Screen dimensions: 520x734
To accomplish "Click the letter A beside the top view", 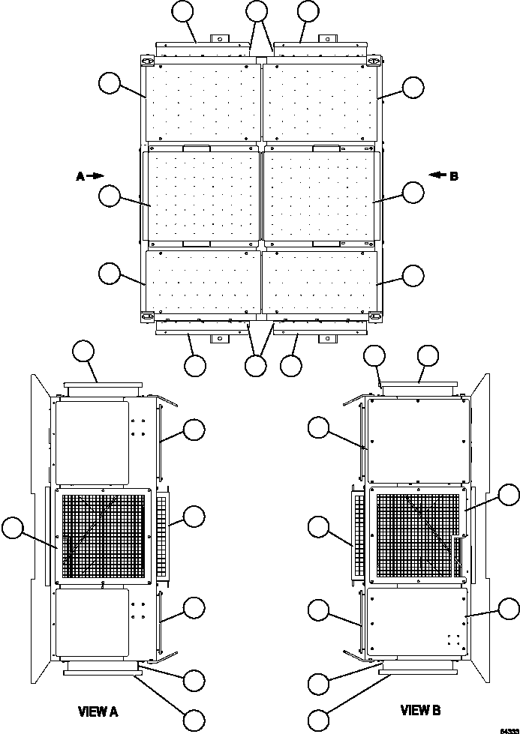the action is (x=80, y=176).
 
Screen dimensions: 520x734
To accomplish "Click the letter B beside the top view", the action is (x=453, y=177).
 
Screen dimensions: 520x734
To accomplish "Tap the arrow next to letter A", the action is (x=96, y=176).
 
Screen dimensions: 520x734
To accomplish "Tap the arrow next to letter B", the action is (x=437, y=176).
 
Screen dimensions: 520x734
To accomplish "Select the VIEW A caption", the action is (x=98, y=710).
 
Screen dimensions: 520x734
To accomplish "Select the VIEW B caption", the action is (x=420, y=710).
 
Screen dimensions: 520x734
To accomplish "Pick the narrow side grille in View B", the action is (x=358, y=533).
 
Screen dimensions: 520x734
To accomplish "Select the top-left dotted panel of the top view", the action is (x=203, y=102).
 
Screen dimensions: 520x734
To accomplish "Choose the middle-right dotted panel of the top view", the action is (x=319, y=196).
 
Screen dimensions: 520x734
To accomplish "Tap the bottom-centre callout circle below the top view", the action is (x=257, y=365).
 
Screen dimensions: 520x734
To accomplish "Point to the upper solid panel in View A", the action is (x=92, y=442).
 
